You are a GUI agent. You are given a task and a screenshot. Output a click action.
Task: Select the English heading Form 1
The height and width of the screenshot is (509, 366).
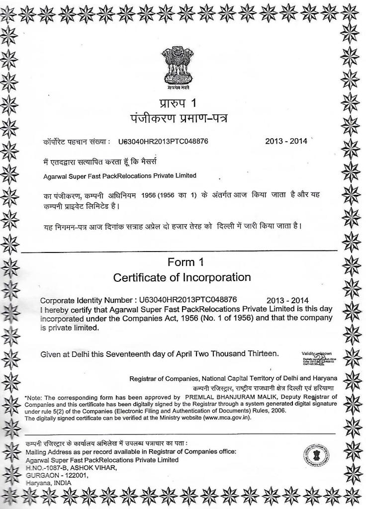coord(185,262)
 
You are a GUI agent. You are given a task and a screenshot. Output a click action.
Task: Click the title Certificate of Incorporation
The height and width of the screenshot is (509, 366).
coord(182,277)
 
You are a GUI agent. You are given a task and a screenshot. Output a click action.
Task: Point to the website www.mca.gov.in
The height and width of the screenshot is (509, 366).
coord(224,417)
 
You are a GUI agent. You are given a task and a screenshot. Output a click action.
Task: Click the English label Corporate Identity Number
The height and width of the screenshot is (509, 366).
coord(86,300)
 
